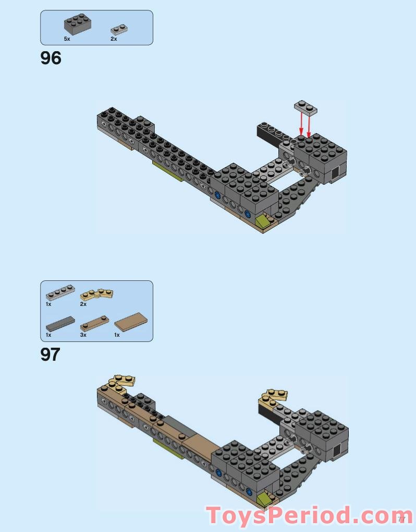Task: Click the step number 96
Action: click(51, 58)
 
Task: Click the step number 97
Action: click(50, 354)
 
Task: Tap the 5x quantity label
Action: click(67, 39)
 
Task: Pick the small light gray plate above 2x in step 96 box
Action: click(119, 30)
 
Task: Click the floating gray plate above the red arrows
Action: click(307, 107)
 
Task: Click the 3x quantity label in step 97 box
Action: click(83, 335)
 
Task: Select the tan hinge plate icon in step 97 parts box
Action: click(96, 294)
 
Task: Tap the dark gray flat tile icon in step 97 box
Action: click(60, 323)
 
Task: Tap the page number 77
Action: click(401, 519)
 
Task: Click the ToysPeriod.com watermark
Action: click(308, 516)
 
